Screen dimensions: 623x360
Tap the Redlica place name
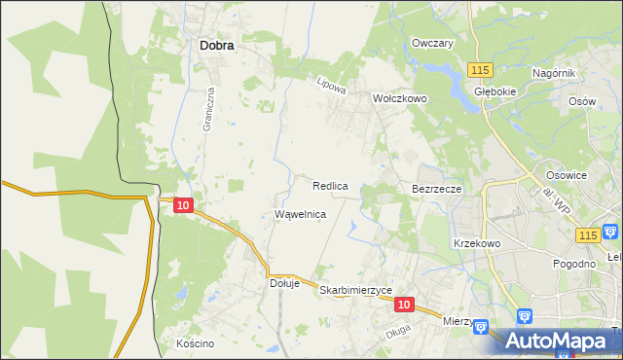click(x=330, y=185)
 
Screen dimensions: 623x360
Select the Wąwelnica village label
click(x=300, y=213)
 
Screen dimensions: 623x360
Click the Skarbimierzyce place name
click(x=355, y=290)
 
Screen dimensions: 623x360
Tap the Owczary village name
click(x=433, y=44)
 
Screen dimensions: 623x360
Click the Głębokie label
click(x=494, y=91)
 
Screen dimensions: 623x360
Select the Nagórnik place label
click(x=556, y=73)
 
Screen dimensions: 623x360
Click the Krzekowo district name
click(x=476, y=243)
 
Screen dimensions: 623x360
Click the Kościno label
click(x=195, y=343)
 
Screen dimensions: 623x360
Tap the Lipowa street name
click(x=332, y=86)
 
